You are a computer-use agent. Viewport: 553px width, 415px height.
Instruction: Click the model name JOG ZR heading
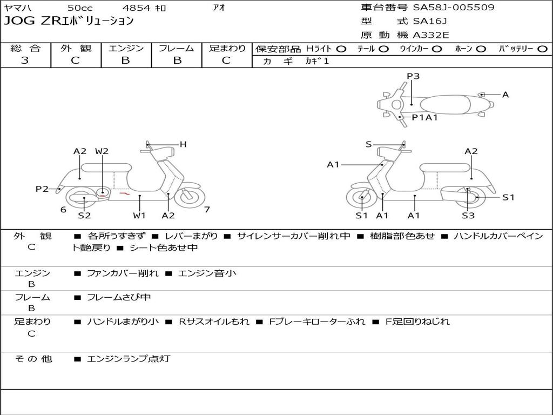(69, 22)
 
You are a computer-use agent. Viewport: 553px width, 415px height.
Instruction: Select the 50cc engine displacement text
(80, 8)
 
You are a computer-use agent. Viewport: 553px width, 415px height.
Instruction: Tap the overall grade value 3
(25, 61)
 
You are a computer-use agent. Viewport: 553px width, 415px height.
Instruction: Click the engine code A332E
(430, 36)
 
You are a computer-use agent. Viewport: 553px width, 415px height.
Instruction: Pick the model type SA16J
(430, 22)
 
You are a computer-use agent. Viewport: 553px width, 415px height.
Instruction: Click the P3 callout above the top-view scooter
(413, 76)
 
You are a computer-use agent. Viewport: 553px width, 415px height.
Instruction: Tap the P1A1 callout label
(424, 117)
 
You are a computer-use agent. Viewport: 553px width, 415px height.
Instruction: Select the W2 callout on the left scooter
(102, 151)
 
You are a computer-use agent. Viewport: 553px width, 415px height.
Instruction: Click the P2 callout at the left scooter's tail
(42, 189)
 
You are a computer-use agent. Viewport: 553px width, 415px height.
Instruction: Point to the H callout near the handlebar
(183, 144)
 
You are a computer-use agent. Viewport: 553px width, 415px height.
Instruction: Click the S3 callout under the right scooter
(468, 216)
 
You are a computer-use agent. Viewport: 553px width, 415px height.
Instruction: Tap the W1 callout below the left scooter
(139, 216)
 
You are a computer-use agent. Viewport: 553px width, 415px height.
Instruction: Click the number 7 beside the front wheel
(207, 210)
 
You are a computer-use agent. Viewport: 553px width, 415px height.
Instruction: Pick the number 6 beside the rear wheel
(63, 210)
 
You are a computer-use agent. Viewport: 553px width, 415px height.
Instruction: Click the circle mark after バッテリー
(542, 49)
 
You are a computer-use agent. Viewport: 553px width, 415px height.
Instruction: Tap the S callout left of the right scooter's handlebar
(368, 144)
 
